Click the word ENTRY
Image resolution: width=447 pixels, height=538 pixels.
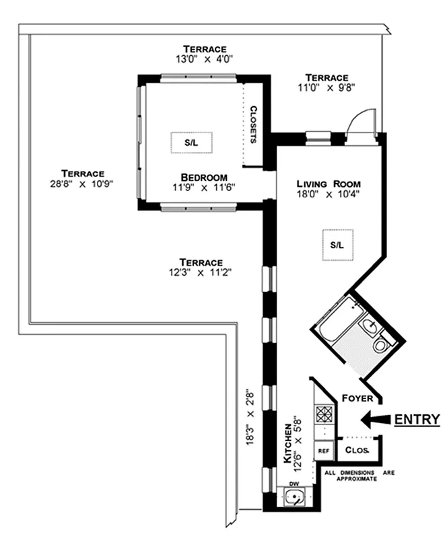[417, 420]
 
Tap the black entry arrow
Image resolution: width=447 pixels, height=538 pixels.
[374, 420]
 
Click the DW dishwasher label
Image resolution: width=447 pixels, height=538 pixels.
[294, 484]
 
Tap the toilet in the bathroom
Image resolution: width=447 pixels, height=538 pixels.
[381, 346]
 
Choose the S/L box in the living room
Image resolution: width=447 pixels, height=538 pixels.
[337, 245]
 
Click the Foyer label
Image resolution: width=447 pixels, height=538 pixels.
[357, 397]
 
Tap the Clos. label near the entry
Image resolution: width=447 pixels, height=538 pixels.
[356, 450]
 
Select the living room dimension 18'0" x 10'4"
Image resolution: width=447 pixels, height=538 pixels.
[329, 195]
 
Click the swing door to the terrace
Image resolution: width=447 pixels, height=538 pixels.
[362, 124]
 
